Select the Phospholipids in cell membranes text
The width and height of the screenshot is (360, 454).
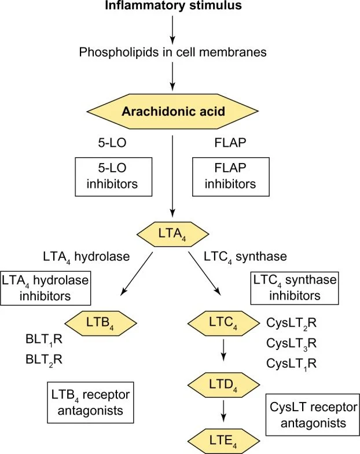pos(173,53)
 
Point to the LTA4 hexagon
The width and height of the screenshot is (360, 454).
pos(172,234)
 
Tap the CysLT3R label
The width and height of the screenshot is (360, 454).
pos(292,343)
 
